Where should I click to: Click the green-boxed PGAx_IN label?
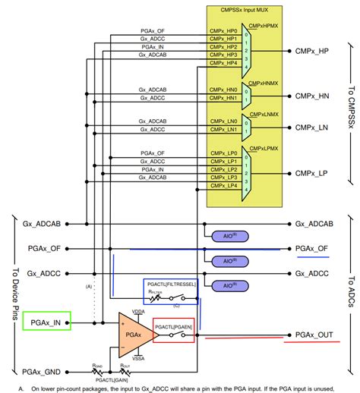(x=47, y=322)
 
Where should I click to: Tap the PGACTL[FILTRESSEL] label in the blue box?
(x=171, y=284)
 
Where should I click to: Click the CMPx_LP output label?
(x=312, y=173)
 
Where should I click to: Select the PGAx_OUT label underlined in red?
(x=313, y=335)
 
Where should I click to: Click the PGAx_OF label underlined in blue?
(x=311, y=248)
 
